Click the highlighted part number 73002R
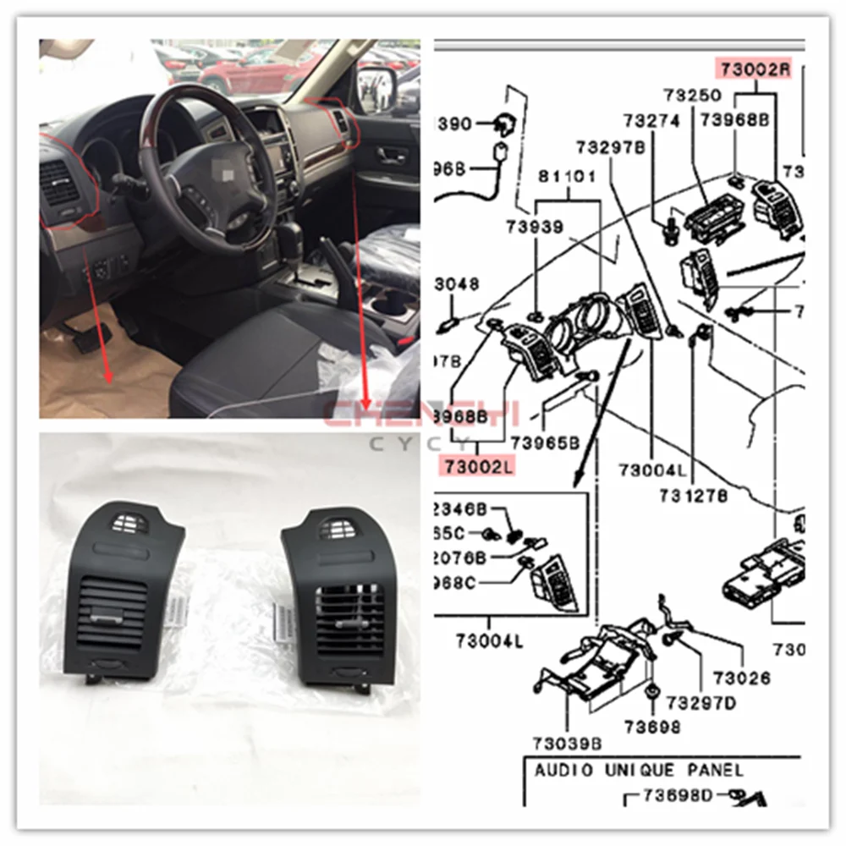coord(755,68)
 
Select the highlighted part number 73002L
coord(475,465)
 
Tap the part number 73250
coord(692,95)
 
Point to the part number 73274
coord(651,121)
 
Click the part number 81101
coord(568,178)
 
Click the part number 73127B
coord(694,497)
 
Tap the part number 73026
coord(742,678)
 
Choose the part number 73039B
coord(567,744)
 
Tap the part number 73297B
coord(612,147)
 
